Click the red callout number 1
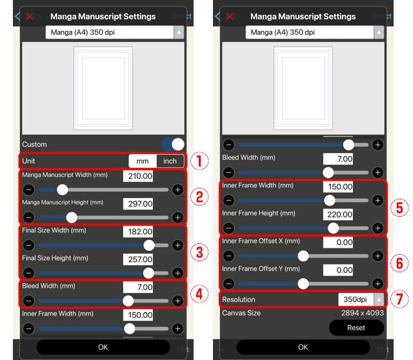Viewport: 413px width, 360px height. click(x=200, y=161)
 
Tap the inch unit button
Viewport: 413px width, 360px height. click(x=170, y=161)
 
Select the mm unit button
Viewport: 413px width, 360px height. click(x=142, y=161)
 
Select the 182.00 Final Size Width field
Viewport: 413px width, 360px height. click(x=137, y=232)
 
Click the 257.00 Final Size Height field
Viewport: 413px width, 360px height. click(x=137, y=259)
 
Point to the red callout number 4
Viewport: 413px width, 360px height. click(x=200, y=293)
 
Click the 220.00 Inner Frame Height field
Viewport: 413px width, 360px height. click(x=338, y=214)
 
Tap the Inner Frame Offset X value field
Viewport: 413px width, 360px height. click(x=338, y=242)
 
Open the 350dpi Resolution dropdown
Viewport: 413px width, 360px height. click(x=361, y=299)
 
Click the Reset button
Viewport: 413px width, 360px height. click(x=356, y=328)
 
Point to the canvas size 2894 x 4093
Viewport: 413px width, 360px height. click(x=363, y=314)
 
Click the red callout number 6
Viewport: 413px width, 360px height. click(x=399, y=263)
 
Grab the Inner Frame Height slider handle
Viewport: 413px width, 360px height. click(x=333, y=228)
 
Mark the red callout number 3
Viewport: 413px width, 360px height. click(x=200, y=251)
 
